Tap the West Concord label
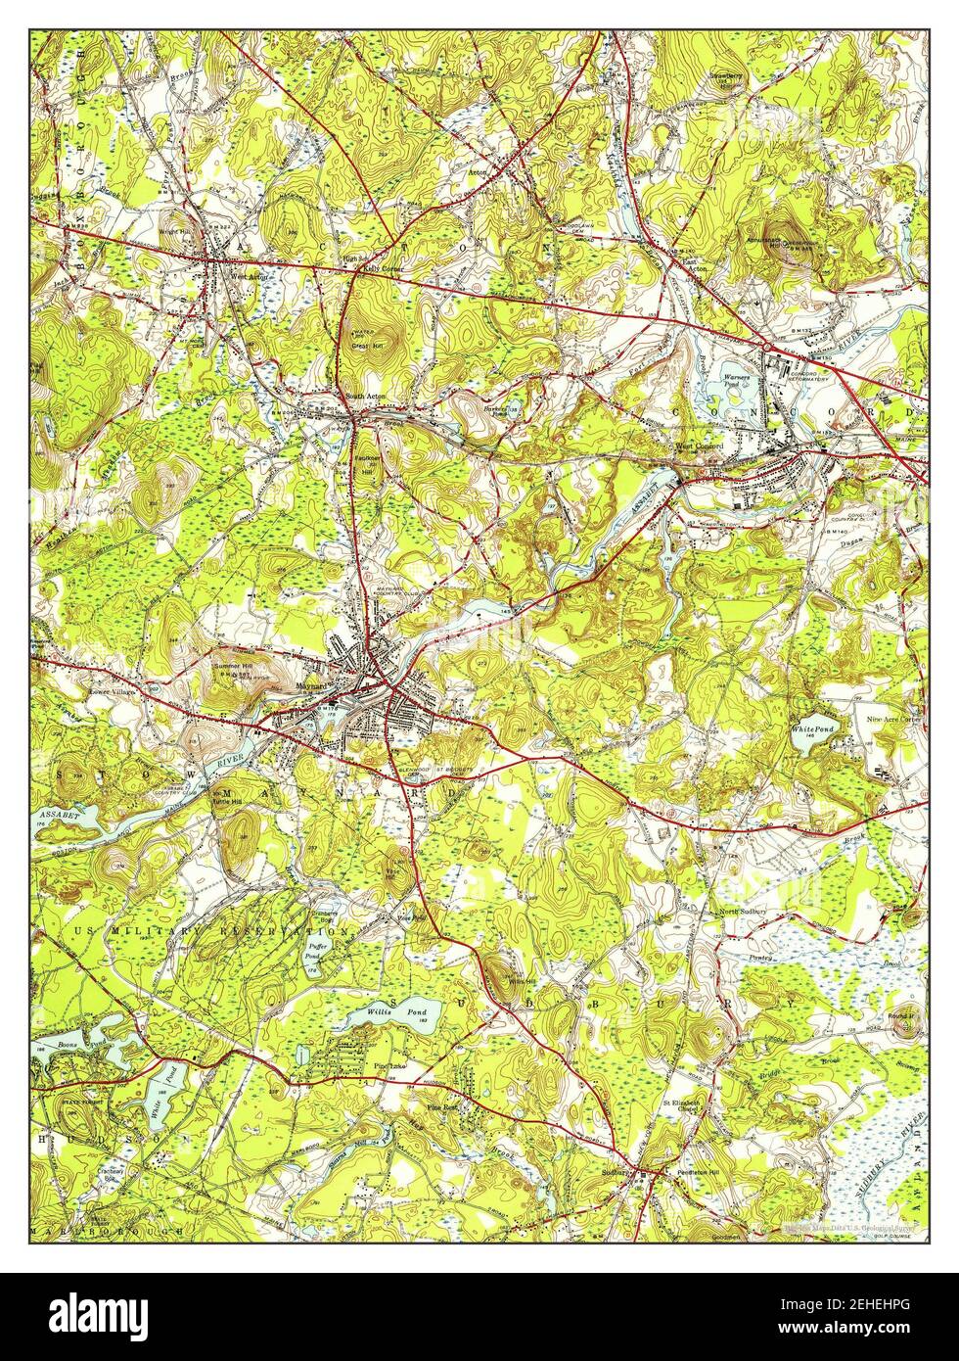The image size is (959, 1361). point(700,447)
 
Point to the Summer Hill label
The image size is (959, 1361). point(233,667)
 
